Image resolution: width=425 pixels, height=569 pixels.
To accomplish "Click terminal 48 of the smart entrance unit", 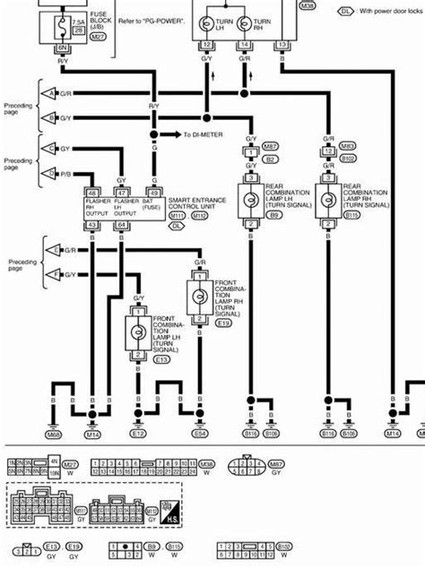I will click(93, 191).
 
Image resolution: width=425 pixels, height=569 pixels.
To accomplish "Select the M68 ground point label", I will click(53, 435).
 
